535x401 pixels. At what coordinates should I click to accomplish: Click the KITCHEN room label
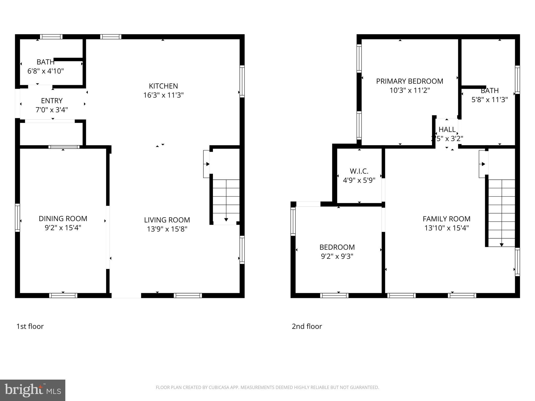(163, 86)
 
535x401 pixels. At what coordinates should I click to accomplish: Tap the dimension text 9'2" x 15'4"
(63, 228)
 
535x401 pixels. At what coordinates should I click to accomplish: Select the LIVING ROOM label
(167, 220)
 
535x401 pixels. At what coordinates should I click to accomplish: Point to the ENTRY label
(52, 101)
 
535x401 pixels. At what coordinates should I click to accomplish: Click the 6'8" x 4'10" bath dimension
(46, 71)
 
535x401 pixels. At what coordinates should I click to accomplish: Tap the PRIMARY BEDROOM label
(409, 81)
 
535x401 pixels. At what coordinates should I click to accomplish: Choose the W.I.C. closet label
(359, 171)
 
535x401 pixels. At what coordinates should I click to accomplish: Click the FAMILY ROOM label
(446, 219)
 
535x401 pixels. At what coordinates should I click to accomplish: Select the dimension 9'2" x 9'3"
(337, 256)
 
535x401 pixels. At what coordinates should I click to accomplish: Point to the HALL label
(447, 129)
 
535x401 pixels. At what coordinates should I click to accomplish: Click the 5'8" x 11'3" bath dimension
(489, 99)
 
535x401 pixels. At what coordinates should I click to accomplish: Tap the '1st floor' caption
(30, 326)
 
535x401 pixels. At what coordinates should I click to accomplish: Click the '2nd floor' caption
(307, 326)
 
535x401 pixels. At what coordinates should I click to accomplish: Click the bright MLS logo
(33, 390)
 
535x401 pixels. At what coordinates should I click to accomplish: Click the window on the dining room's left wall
(18, 217)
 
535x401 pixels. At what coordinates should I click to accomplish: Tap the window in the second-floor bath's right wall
(517, 80)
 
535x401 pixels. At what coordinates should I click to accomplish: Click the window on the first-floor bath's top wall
(51, 37)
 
